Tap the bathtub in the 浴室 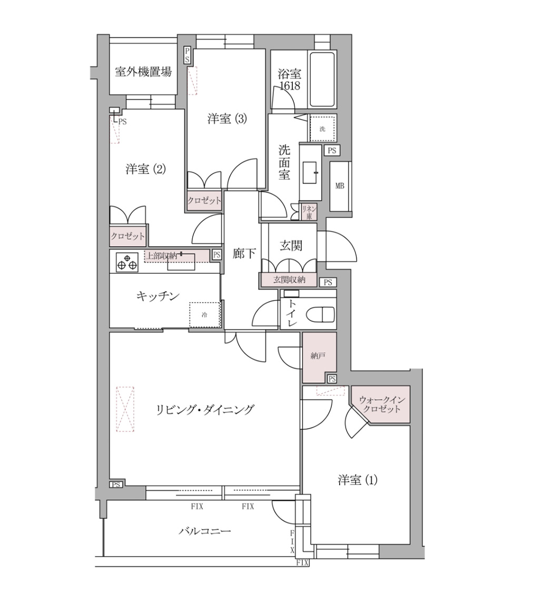pos(322,80)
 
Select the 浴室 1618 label pos(289,80)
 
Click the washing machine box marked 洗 pos(322,128)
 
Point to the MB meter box pos(340,186)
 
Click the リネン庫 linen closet pos(308,212)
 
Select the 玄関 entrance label pos(290,245)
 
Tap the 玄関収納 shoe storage pos(289,280)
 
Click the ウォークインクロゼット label pos(380,405)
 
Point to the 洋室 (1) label pos(358,480)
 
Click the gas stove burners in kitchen pos(127,262)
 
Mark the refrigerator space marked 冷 pos(204,315)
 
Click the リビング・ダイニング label pos(205,410)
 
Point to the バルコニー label pos(204,531)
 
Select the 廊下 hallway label pos(244,254)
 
